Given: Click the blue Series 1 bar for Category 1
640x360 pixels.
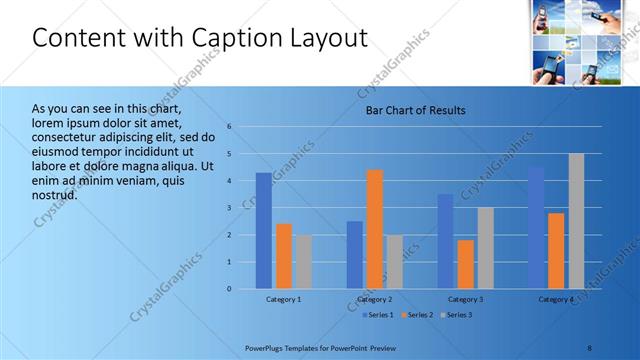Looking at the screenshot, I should pyautogui.click(x=263, y=230).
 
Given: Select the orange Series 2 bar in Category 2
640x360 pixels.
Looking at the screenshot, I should pyautogui.click(x=375, y=229).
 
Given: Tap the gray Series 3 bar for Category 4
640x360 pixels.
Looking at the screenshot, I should pyautogui.click(x=576, y=221).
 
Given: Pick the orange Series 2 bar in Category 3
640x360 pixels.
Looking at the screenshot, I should pyautogui.click(x=466, y=264).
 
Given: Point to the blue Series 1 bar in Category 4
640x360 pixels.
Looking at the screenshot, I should pyautogui.click(x=537, y=228).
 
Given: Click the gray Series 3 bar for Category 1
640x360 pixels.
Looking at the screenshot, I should pyautogui.click(x=303, y=262).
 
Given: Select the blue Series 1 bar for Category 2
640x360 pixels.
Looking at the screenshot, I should pyautogui.click(x=355, y=255).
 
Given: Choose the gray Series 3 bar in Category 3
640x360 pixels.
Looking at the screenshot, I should pyautogui.click(x=485, y=248).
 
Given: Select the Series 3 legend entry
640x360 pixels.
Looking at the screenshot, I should pyautogui.click(x=456, y=315).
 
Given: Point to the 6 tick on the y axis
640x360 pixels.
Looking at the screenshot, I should pyautogui.click(x=229, y=127).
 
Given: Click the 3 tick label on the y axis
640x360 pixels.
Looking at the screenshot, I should pyautogui.click(x=229, y=208).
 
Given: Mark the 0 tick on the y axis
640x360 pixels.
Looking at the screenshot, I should pyautogui.click(x=229, y=289).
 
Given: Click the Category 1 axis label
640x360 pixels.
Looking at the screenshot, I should pyautogui.click(x=284, y=300).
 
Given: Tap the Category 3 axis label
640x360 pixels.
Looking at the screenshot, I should pyautogui.click(x=465, y=300).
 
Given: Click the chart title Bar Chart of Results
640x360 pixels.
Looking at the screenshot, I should pyautogui.click(x=415, y=110).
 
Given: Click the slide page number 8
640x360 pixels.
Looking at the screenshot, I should pyautogui.click(x=589, y=348).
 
